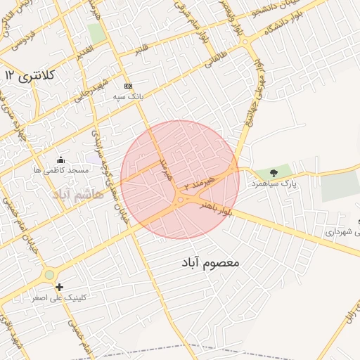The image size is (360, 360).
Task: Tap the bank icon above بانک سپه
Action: coord(128,85)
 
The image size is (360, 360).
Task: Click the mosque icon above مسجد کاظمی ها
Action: coord(60,160)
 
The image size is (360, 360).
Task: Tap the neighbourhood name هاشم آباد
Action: coord(77,193)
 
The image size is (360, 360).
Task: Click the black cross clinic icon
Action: coord(60,287)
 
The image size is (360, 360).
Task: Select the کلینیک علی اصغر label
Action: coord(60,297)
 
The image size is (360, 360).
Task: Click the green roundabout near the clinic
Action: coord(49,275)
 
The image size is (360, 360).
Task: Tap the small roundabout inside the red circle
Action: coord(181,200)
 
